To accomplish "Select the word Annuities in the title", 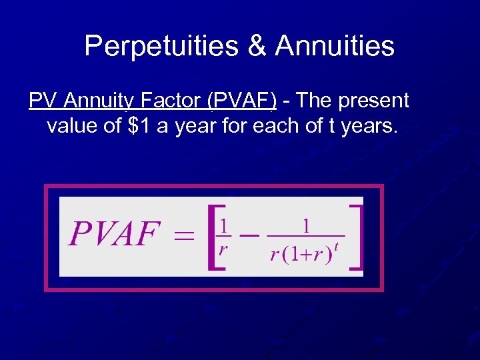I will pos(335,46).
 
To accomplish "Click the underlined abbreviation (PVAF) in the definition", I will pos(242,101).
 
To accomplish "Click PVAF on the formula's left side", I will pos(115,234).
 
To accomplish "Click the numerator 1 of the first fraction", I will pos(225,225).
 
